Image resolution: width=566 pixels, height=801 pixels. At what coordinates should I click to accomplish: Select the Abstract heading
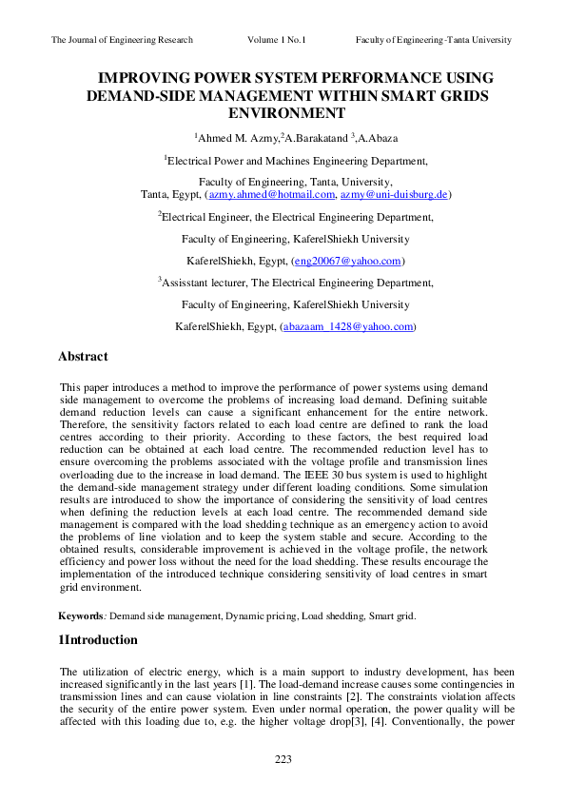click(83, 357)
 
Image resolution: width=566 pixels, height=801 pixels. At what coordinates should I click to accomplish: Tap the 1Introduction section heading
click(98, 639)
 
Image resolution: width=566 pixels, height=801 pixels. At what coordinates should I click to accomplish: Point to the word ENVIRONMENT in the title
click(283, 113)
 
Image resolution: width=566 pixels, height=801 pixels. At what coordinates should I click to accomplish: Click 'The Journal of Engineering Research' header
click(122, 40)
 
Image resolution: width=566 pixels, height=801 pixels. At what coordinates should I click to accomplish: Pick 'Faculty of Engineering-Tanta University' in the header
click(434, 40)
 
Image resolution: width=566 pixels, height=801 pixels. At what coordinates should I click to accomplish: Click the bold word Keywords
click(81, 616)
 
